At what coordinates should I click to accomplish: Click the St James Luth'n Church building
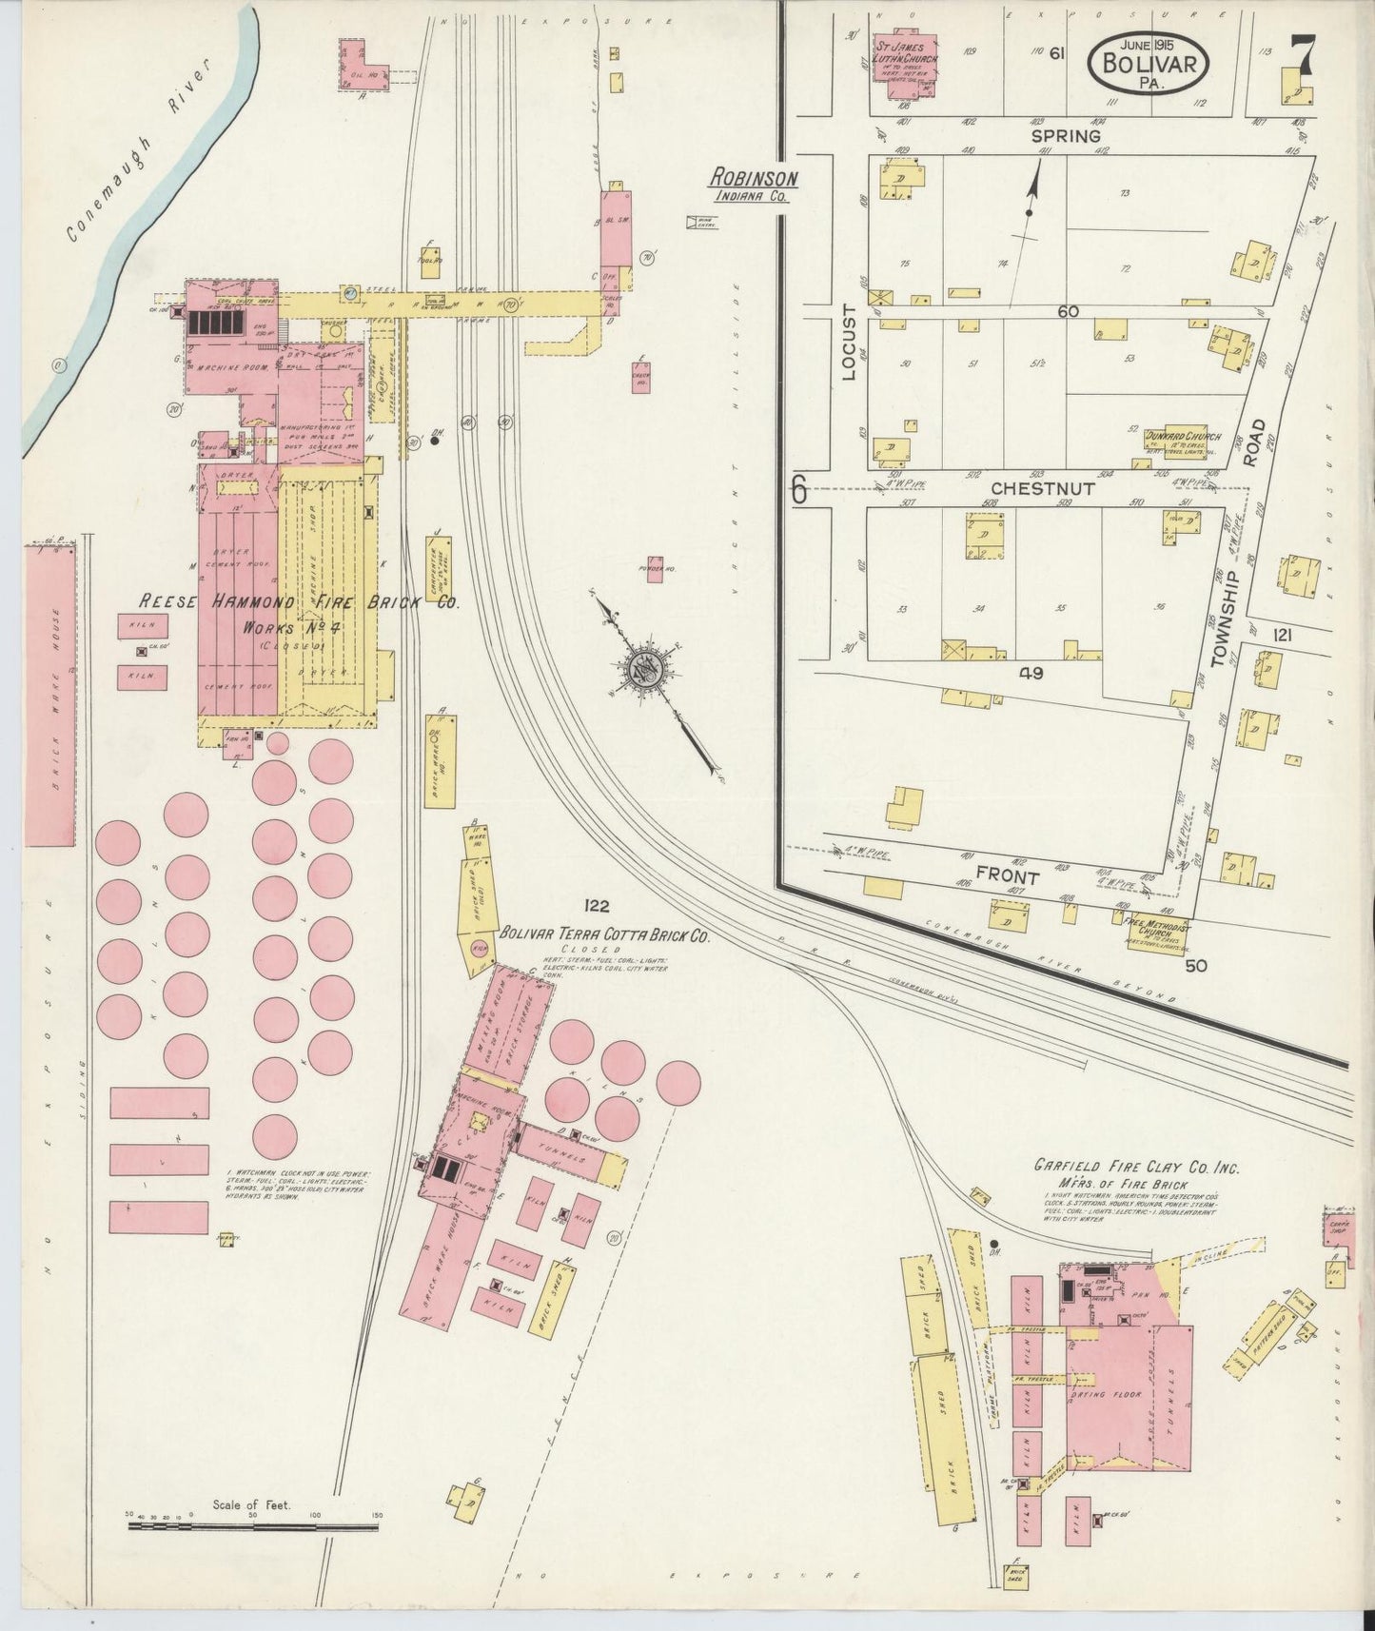pos(904,68)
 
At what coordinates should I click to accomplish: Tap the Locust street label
pos(850,348)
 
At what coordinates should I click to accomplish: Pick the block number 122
pos(597,906)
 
